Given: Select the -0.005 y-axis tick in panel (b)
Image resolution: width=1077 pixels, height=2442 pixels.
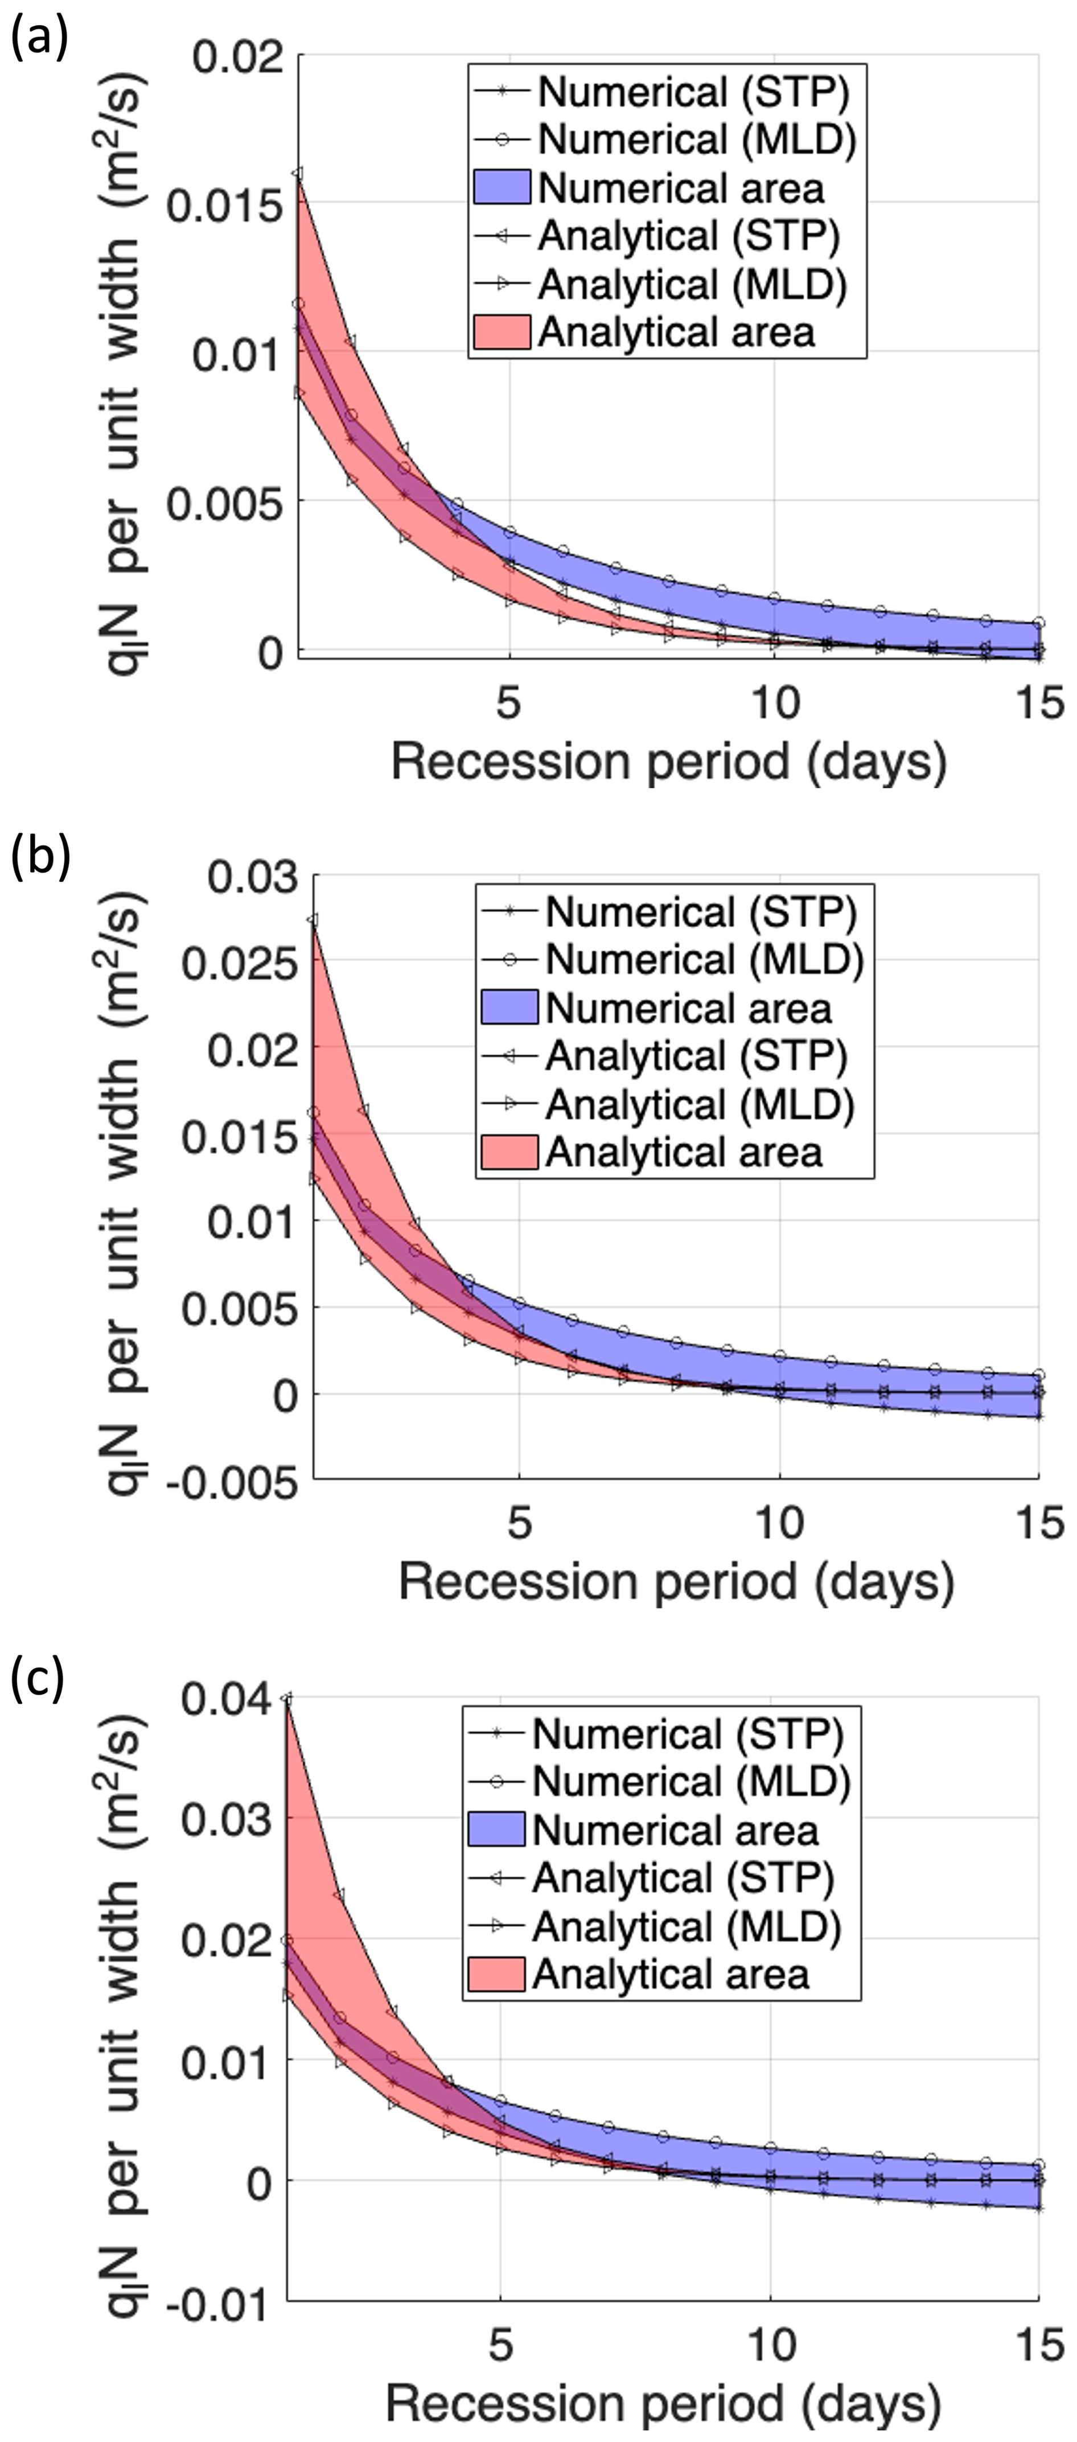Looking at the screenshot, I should (231, 1480).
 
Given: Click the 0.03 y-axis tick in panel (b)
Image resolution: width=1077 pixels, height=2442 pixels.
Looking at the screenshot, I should (252, 877).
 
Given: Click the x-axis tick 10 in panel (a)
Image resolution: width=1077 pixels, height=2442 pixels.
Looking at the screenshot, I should (775, 704).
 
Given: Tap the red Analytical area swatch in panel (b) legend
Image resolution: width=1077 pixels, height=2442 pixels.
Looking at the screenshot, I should (509, 1152).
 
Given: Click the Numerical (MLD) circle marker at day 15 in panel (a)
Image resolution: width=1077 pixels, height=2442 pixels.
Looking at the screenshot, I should (1039, 623).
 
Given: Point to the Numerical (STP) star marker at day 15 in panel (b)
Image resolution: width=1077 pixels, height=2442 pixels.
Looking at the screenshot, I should (1039, 1416).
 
